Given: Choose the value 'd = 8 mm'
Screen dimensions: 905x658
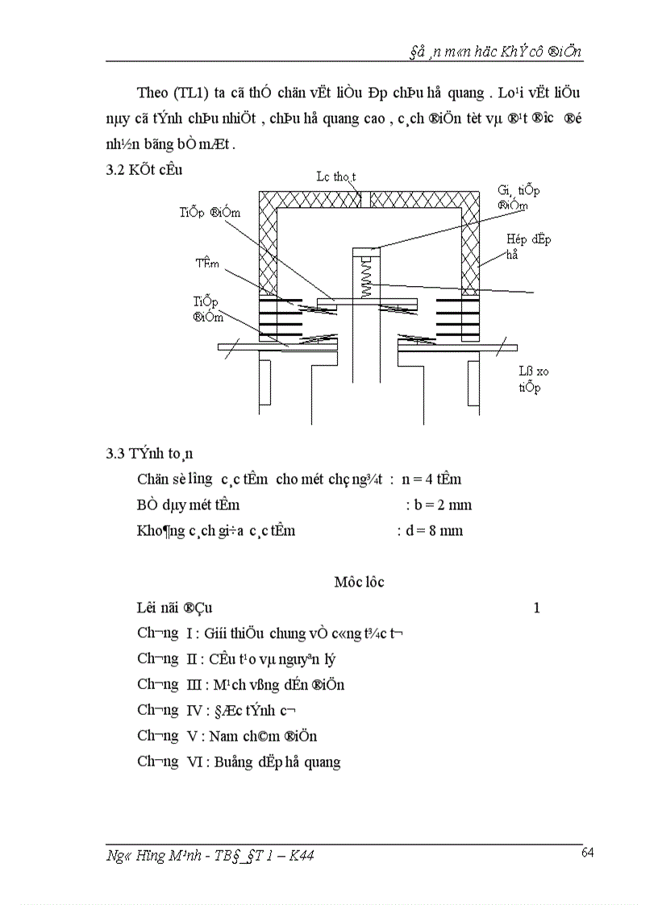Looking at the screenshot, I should coord(430,531).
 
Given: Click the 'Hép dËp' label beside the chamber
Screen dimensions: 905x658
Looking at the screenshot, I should coord(528,239).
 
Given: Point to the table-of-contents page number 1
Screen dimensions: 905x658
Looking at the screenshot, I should coord(536,608).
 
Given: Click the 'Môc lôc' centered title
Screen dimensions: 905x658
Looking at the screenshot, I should coord(359,582).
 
